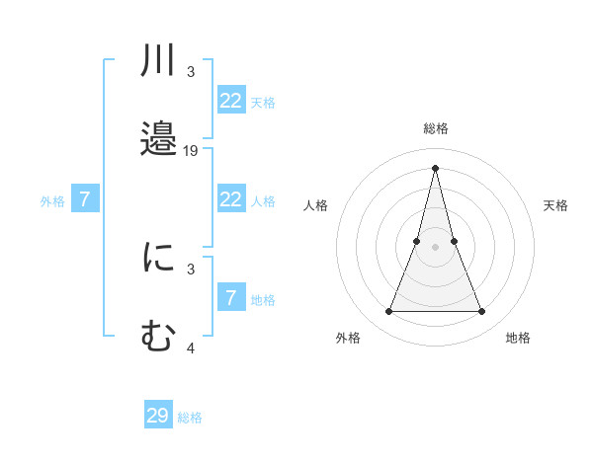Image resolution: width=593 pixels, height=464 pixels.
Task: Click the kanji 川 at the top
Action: (158, 61)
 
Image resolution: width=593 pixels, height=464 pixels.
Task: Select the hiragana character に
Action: (158, 259)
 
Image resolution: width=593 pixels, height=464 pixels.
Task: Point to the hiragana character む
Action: (158, 336)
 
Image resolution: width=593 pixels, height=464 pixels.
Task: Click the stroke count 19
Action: (191, 150)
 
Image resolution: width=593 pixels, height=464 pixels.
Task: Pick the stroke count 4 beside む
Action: (191, 348)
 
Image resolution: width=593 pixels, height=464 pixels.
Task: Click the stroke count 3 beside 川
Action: (191, 72)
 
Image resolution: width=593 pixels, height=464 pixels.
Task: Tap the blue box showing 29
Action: (158, 416)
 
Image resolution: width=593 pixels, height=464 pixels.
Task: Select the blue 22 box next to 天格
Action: (231, 101)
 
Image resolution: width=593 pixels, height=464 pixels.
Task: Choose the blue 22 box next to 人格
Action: (231, 199)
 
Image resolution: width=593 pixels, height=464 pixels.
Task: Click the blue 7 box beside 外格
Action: (85, 199)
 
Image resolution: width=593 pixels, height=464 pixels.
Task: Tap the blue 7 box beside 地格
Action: (231, 298)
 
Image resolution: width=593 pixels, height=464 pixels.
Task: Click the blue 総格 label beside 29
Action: (190, 418)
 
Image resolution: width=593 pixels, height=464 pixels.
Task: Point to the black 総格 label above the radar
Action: (435, 128)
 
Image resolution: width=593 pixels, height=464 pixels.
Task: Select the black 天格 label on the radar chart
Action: (555, 205)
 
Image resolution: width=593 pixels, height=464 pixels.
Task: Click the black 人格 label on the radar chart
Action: (315, 205)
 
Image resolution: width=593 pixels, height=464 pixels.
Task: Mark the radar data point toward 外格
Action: (388, 312)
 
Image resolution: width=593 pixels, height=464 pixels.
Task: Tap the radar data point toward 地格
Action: (481, 312)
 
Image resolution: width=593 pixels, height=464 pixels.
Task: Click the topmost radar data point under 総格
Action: (435, 167)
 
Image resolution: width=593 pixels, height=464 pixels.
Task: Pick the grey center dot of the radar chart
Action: (435, 247)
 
